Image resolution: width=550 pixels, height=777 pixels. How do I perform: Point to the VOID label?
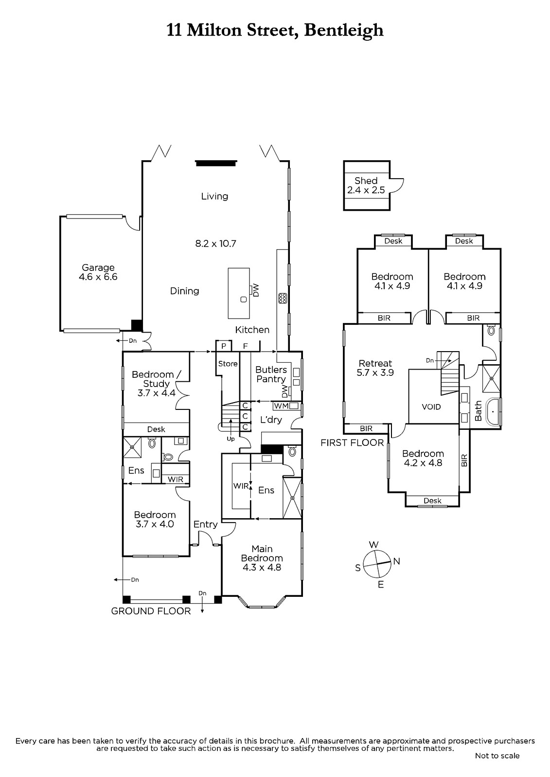tap(431, 407)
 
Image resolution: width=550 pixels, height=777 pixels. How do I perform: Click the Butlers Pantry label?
tap(271, 374)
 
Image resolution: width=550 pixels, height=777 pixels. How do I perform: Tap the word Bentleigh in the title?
tap(344, 30)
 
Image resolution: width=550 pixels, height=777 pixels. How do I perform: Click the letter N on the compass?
tap(396, 561)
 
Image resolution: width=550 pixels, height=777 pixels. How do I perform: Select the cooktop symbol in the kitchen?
tap(282, 298)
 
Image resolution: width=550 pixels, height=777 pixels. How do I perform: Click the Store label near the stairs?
tap(228, 364)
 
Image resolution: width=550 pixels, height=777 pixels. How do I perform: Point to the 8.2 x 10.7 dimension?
tap(215, 243)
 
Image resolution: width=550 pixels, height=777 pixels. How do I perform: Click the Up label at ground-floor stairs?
tap(231, 439)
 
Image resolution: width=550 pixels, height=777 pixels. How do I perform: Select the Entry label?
tap(205, 524)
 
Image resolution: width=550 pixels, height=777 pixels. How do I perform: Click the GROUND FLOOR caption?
tap(151, 611)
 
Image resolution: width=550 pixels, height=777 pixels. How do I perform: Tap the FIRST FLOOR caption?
tap(352, 442)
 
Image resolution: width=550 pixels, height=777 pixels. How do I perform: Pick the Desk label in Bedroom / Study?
tap(156, 429)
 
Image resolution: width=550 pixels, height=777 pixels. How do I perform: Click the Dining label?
tap(184, 291)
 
